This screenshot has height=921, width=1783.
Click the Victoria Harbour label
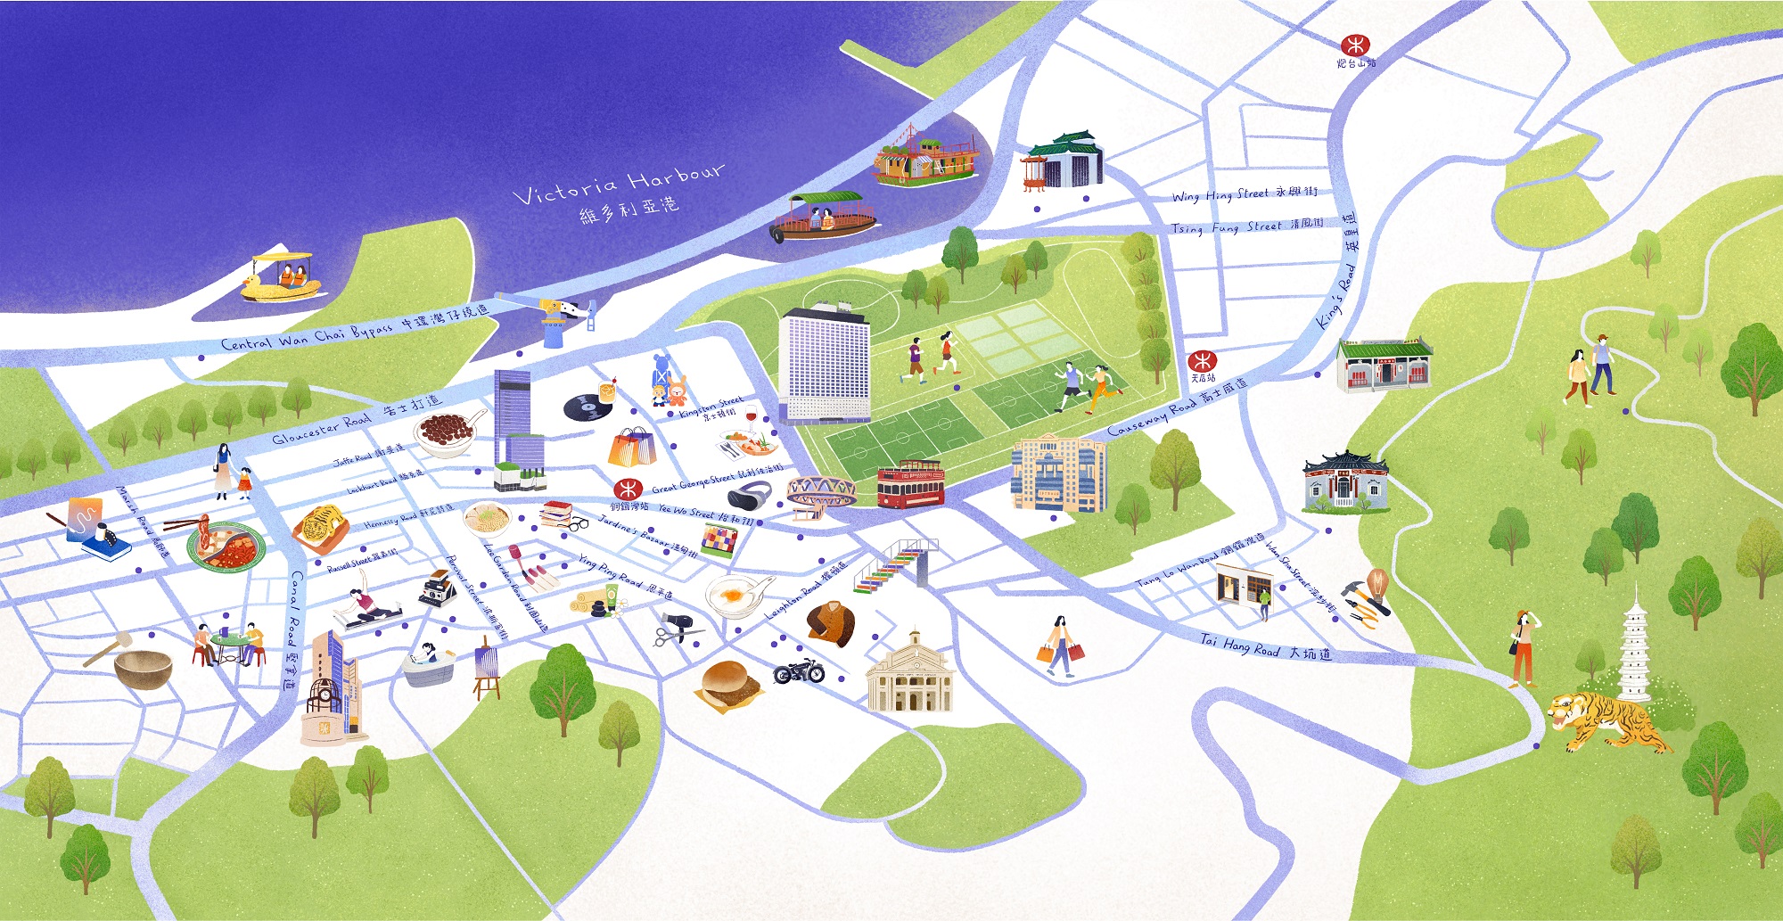click(619, 193)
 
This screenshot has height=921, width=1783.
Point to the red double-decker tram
click(909, 483)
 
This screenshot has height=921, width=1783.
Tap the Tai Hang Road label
click(1265, 648)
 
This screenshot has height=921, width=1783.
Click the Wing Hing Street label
click(1244, 194)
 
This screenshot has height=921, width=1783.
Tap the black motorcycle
click(799, 671)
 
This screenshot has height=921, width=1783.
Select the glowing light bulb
click(1377, 583)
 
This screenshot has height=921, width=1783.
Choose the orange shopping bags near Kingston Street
click(631, 447)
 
